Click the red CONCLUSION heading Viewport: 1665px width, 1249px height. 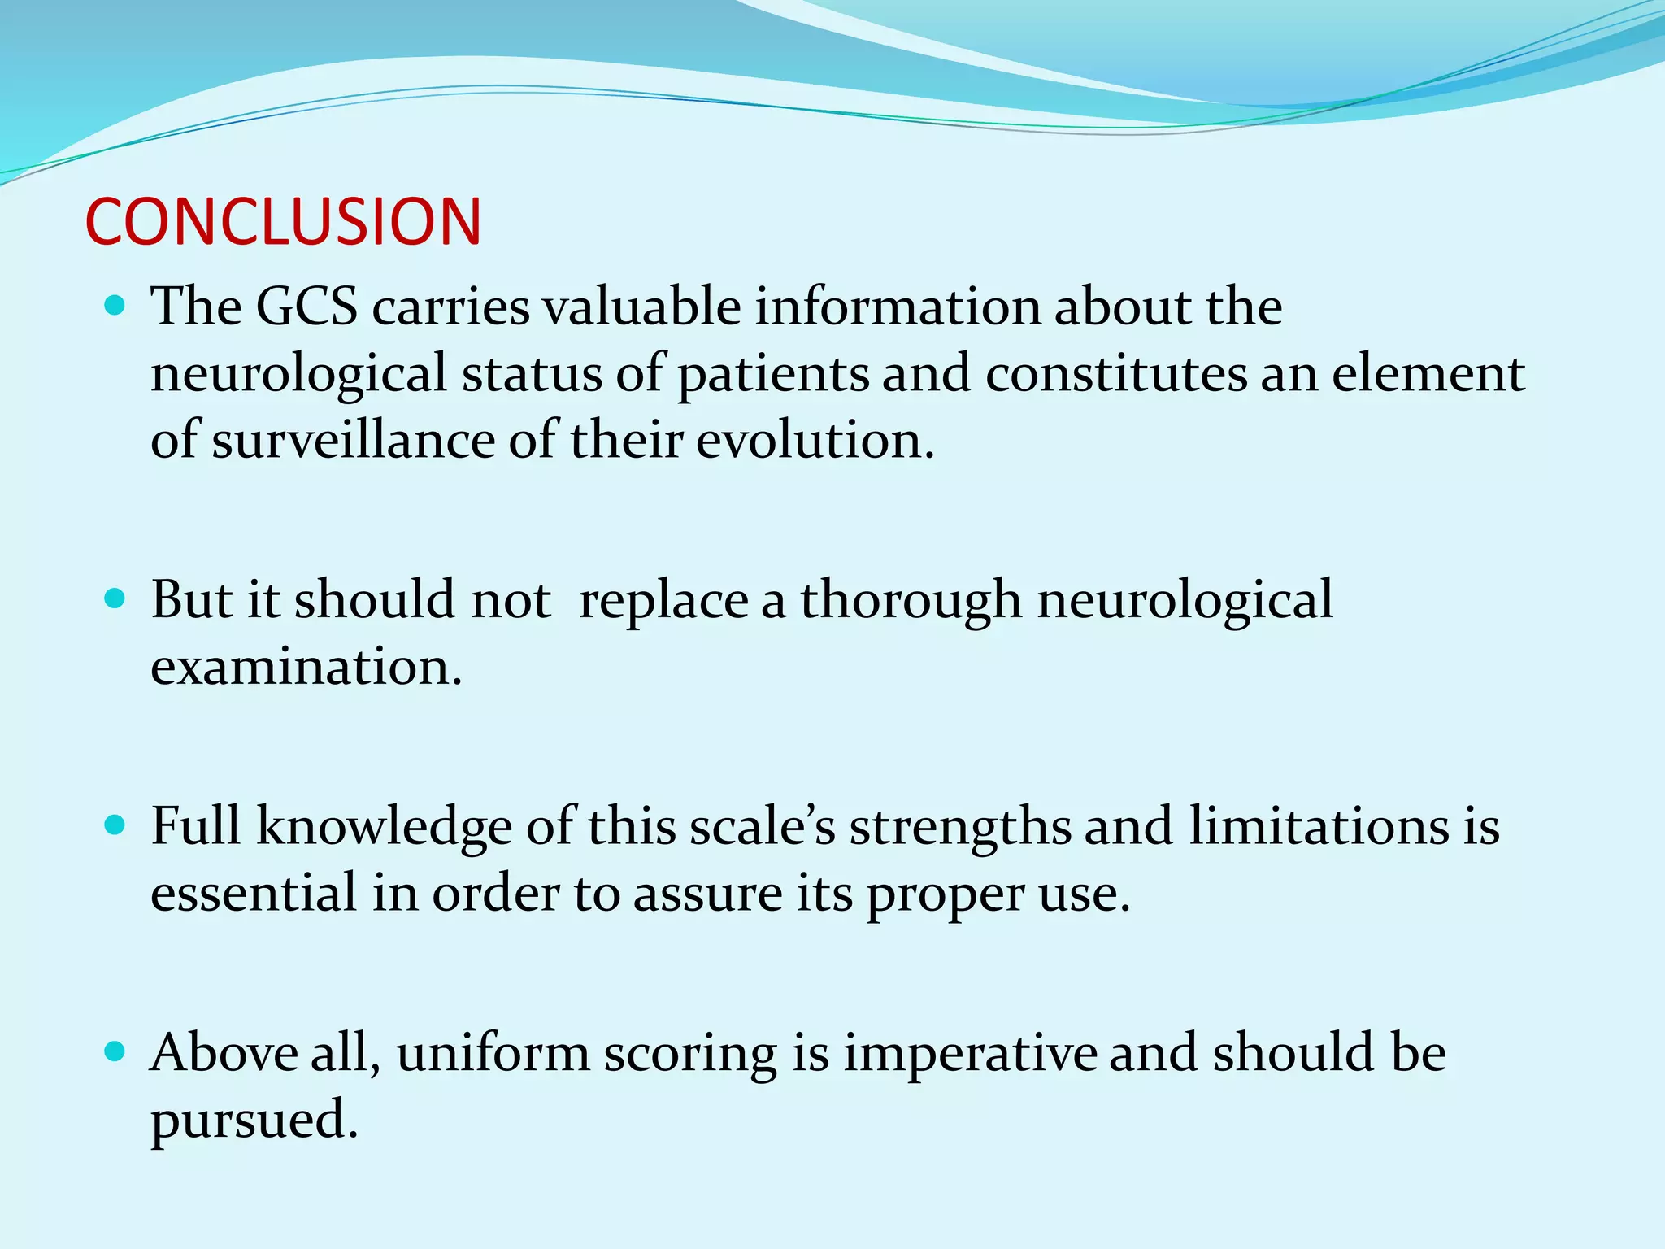tap(283, 221)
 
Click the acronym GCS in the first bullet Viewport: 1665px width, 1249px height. tap(306, 307)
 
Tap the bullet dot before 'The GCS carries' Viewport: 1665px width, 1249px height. tap(115, 306)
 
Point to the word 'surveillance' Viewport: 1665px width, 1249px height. tap(354, 440)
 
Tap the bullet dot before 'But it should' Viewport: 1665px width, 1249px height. tap(115, 599)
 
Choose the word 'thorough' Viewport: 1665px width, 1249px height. tap(911, 601)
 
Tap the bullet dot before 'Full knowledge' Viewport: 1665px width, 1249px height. tap(115, 826)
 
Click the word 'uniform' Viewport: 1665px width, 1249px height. tap(493, 1053)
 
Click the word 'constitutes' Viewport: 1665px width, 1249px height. tap(1116, 373)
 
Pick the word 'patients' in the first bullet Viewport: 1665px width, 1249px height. tap(773, 375)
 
